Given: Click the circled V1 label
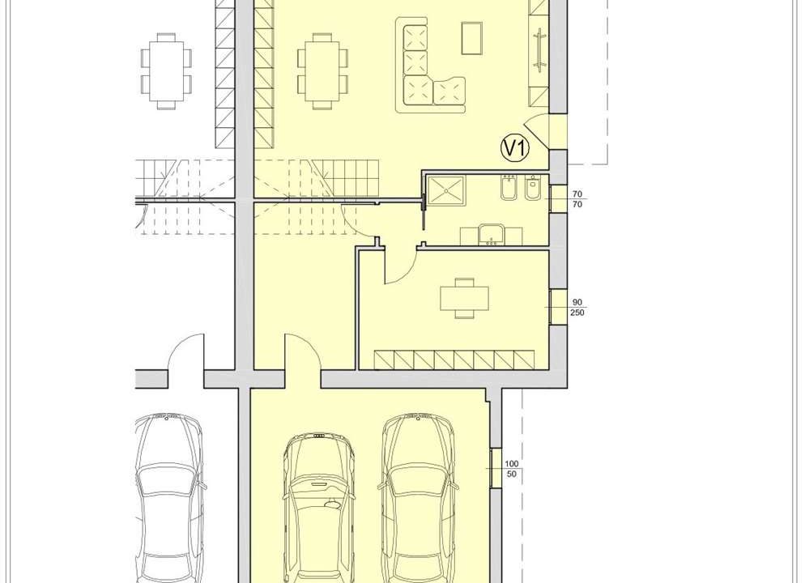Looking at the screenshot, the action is [515, 148].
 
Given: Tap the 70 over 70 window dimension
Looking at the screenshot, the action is [577, 199].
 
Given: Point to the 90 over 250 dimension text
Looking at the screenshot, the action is [577, 308].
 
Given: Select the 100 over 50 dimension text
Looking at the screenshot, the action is [512, 469].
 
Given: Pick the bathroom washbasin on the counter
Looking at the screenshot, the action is [492, 236].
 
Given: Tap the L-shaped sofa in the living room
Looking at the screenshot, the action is [430, 66].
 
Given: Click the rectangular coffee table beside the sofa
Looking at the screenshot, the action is [472, 37].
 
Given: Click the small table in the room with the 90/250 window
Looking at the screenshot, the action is [465, 298].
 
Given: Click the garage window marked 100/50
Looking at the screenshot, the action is [496, 468].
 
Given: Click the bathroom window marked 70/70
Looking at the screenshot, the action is [558, 198].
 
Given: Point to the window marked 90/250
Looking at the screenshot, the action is [558, 307].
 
